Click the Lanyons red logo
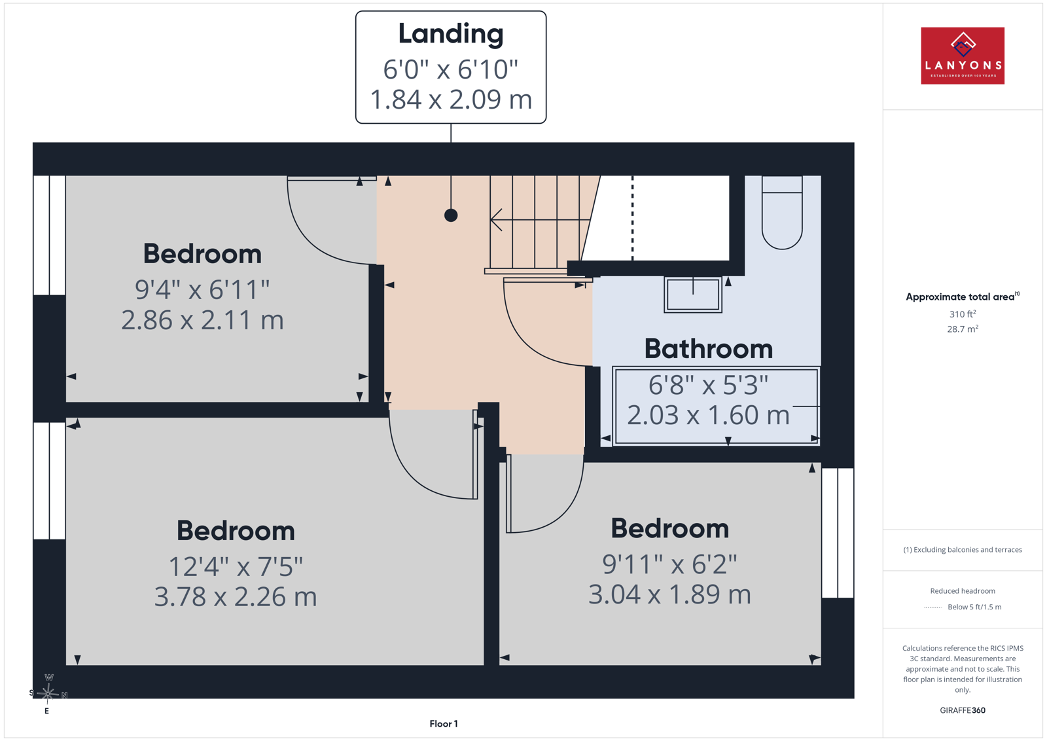click(x=963, y=56)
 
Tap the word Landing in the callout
click(x=451, y=34)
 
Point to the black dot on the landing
click(x=451, y=215)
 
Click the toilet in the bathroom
click(x=782, y=213)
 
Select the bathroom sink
click(x=693, y=295)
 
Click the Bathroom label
click(x=709, y=349)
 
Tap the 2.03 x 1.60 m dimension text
click(x=708, y=415)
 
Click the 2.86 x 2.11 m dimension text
click(x=202, y=320)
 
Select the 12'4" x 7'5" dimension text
click(x=236, y=567)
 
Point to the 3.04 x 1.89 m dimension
click(x=669, y=594)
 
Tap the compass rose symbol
click(x=48, y=693)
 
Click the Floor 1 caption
click(x=444, y=724)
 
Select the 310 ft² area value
click(x=963, y=314)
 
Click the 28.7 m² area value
click(x=963, y=329)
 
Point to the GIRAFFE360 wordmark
click(x=963, y=710)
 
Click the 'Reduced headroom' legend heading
click(x=963, y=591)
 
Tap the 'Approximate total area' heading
click(x=963, y=297)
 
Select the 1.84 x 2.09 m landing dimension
click(x=451, y=99)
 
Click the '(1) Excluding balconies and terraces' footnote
click(x=963, y=550)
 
